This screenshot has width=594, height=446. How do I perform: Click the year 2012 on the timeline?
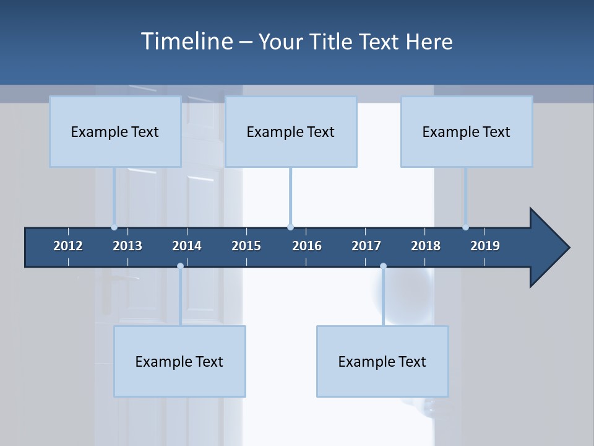[68, 246]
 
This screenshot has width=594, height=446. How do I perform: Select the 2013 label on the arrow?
[127, 246]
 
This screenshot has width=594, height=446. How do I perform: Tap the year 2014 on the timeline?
[187, 246]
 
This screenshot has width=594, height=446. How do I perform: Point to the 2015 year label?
[246, 246]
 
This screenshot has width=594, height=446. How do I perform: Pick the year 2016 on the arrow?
[307, 246]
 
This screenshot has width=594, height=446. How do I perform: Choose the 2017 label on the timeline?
[366, 246]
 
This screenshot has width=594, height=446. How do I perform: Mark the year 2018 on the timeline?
[426, 246]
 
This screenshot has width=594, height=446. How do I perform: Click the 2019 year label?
[485, 246]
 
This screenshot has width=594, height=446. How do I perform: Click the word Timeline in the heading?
[187, 42]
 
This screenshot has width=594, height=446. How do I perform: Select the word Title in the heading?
[334, 42]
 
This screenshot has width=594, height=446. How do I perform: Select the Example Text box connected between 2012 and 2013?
[115, 131]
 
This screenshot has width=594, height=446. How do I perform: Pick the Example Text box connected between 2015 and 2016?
[291, 131]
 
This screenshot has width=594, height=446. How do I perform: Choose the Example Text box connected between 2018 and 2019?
[467, 131]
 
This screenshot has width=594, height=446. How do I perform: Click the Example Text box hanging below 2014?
[179, 361]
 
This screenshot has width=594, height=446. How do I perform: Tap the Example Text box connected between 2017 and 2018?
[382, 361]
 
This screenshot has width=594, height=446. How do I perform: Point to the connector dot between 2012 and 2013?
[114, 227]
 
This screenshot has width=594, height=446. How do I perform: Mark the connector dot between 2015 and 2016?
[290, 227]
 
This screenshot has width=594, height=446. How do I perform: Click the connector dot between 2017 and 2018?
[383, 266]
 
